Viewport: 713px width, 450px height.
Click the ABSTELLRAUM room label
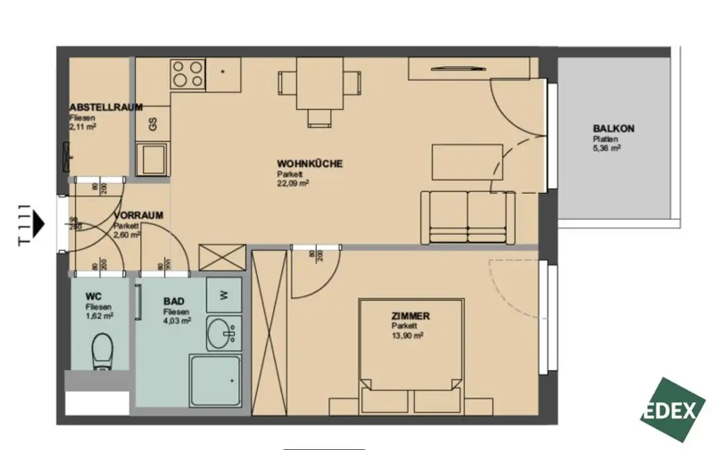tap(106, 107)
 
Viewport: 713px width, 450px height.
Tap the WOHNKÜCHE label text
tap(310, 164)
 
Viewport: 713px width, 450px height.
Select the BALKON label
tap(613, 129)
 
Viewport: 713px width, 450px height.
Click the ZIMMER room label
tap(410, 316)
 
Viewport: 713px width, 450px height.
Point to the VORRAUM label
tap(139, 215)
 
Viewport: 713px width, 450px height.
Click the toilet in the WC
tap(102, 351)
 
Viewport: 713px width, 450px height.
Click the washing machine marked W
tap(224, 294)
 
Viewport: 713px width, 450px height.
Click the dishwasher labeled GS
tap(152, 124)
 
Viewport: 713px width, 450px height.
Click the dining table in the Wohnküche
tap(320, 83)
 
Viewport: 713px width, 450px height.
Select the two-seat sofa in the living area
tap(467, 217)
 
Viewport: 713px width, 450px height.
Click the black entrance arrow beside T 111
tap(39, 224)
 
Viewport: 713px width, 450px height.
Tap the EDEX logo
tap(672, 410)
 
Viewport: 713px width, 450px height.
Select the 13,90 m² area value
tap(409, 335)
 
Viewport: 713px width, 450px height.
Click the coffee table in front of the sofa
tap(467, 162)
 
